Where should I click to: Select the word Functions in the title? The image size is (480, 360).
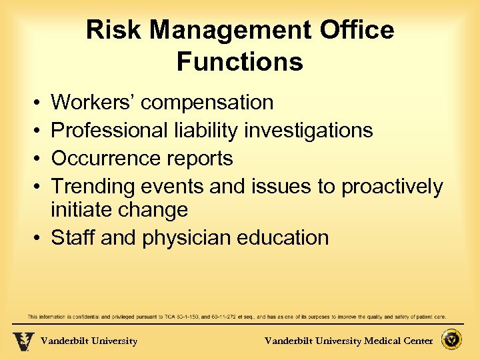point(240,62)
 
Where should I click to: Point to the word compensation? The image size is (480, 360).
point(207,103)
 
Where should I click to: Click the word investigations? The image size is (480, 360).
point(308,130)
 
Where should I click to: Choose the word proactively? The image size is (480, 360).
point(391,187)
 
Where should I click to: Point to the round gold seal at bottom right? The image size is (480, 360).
point(453,341)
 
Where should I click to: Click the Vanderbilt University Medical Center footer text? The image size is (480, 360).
point(349,341)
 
